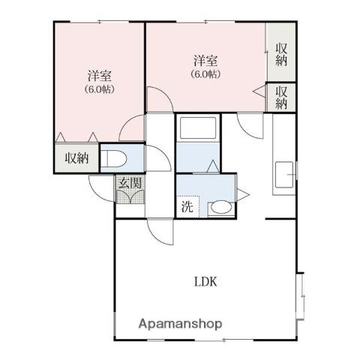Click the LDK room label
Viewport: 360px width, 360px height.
(205, 282)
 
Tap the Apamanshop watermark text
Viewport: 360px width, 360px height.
(180, 324)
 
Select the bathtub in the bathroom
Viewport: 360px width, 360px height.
(198, 127)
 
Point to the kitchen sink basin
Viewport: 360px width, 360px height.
(284, 175)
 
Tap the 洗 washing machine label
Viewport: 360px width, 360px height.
(187, 207)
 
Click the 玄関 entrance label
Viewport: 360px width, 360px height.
(130, 183)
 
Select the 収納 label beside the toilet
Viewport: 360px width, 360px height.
(76, 158)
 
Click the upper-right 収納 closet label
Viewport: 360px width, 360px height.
(281, 55)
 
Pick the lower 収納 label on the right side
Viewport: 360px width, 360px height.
(281, 97)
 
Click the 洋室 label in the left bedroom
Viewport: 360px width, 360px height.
(100, 76)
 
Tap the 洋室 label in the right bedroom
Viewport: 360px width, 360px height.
(205, 61)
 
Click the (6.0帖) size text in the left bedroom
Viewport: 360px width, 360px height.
(100, 89)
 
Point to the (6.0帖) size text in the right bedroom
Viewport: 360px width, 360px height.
(205, 74)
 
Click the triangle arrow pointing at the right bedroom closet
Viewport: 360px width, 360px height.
(259, 91)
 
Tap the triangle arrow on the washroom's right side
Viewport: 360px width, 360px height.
(243, 194)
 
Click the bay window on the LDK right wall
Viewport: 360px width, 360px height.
(301, 296)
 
